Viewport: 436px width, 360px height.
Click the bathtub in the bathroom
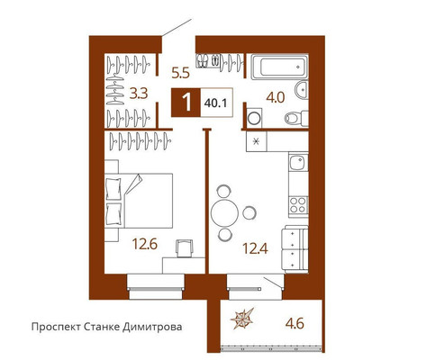(x=279, y=67)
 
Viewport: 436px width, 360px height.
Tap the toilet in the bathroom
(x=296, y=119)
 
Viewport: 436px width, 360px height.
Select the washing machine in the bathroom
(x=254, y=118)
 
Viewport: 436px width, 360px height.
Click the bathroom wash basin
(x=301, y=89)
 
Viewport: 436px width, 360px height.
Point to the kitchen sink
(x=298, y=162)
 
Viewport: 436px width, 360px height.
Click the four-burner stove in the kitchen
(x=298, y=205)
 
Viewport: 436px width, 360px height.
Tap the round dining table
(x=224, y=213)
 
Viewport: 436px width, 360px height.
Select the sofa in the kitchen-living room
(x=295, y=249)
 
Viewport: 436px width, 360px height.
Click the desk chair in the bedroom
(x=185, y=248)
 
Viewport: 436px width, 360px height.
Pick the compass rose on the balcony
(x=242, y=319)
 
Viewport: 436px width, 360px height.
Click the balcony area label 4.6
(x=295, y=324)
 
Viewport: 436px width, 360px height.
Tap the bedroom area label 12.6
(x=145, y=245)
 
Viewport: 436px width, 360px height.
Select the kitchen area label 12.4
(x=255, y=248)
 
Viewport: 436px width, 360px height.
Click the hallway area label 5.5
(x=181, y=73)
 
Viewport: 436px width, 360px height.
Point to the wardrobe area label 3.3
(x=139, y=94)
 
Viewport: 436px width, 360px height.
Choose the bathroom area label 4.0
(x=276, y=98)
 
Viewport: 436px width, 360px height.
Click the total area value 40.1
(x=215, y=103)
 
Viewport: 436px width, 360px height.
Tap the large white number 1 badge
(x=186, y=103)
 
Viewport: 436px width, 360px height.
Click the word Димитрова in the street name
(x=152, y=327)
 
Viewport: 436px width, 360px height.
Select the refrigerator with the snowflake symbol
(x=257, y=141)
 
